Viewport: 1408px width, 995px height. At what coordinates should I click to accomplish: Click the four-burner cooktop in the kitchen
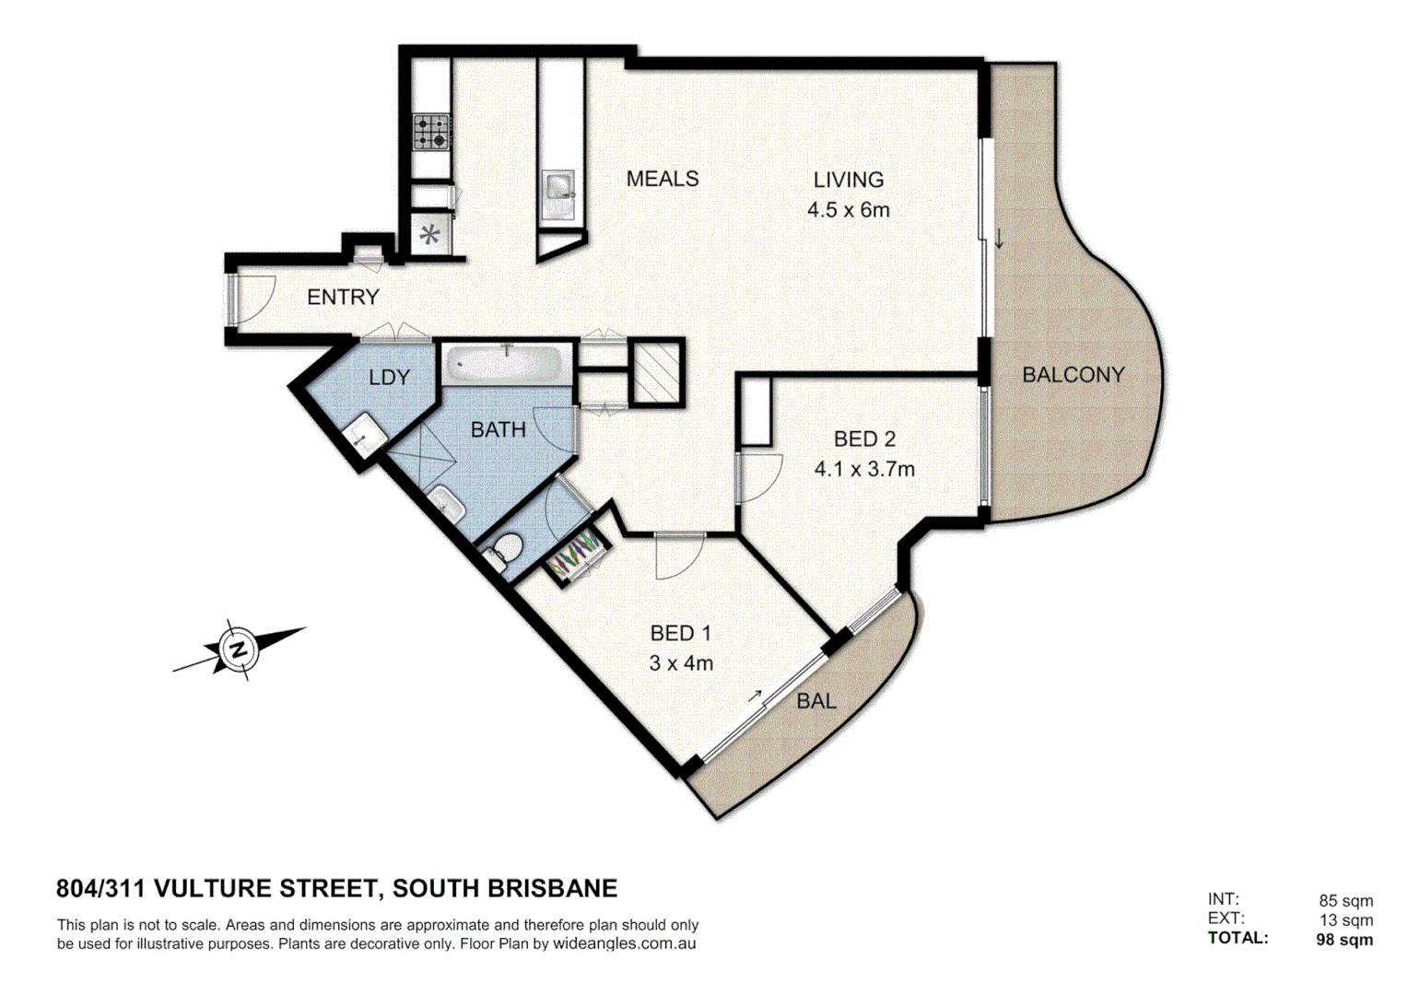[x=430, y=132]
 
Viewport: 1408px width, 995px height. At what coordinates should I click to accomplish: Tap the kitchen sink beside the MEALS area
[x=558, y=187]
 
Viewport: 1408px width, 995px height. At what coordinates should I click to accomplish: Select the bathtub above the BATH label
[x=506, y=364]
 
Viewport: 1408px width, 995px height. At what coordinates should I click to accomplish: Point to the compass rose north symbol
[x=240, y=650]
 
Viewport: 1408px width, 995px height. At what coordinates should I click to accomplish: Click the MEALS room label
[x=662, y=179]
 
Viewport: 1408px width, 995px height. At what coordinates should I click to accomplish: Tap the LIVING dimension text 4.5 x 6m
[x=848, y=210]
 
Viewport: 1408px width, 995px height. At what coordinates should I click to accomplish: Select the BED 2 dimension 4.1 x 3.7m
[x=863, y=469]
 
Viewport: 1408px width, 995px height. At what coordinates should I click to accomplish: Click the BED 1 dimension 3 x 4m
[x=680, y=663]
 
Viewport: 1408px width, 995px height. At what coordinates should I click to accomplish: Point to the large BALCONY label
[x=1073, y=375]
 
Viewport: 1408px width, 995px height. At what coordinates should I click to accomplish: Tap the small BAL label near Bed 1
[x=815, y=701]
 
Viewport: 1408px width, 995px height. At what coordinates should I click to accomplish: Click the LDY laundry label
[x=389, y=377]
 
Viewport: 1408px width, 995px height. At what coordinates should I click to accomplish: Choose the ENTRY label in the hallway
[x=343, y=297]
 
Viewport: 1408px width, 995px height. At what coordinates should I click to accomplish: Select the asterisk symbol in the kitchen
[x=429, y=235]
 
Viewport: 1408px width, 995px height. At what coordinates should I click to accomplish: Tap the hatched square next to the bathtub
[x=657, y=372]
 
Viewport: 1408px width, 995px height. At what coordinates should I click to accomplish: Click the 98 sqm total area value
[x=1343, y=940]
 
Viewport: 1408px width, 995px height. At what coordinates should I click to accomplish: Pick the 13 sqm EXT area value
[x=1345, y=919]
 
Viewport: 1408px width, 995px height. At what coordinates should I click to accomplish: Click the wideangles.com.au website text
[x=624, y=944]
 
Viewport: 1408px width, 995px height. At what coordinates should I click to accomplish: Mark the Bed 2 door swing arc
[x=760, y=478]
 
